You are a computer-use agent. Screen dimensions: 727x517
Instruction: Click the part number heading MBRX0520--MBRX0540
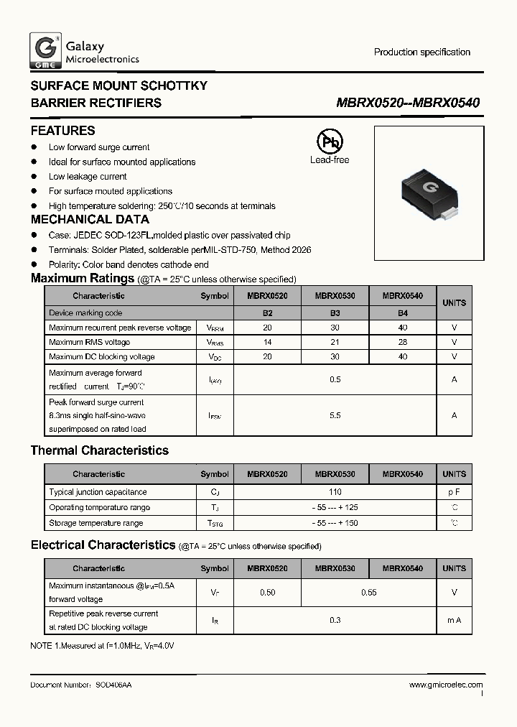click(x=408, y=103)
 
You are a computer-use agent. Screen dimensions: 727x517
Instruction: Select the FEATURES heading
click(x=62, y=131)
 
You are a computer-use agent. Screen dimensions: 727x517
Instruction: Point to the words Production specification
click(x=421, y=52)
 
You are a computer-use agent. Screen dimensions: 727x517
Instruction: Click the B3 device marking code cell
click(x=335, y=313)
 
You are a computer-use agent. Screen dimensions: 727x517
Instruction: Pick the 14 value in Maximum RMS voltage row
click(x=268, y=342)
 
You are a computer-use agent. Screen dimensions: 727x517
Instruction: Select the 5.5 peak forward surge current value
click(x=335, y=415)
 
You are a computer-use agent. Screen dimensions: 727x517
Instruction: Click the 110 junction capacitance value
click(x=335, y=492)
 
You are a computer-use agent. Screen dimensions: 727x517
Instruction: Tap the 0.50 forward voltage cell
click(x=268, y=593)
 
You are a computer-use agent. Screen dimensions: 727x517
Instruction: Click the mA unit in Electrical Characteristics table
click(x=454, y=620)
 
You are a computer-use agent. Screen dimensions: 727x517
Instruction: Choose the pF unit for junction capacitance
click(x=454, y=492)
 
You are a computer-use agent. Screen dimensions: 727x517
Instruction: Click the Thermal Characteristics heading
click(x=99, y=450)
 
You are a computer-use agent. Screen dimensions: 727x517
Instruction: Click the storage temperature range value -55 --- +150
click(x=335, y=523)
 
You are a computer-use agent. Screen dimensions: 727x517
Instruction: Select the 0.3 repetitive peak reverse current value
click(x=335, y=620)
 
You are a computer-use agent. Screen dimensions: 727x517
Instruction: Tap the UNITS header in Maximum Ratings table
click(x=454, y=303)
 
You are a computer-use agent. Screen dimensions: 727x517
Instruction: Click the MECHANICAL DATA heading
click(x=90, y=220)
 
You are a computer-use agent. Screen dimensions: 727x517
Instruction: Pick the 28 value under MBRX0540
click(x=402, y=342)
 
